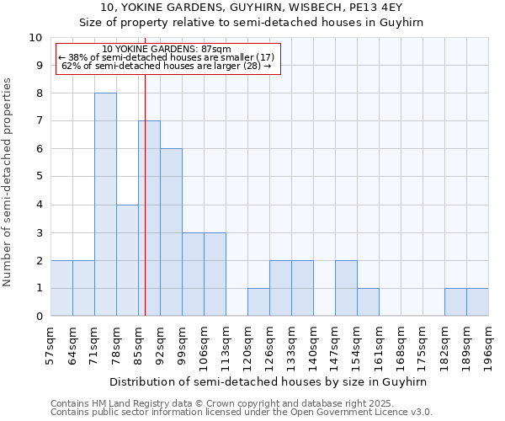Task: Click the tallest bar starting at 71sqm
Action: pos(105,205)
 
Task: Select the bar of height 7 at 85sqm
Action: pos(150,218)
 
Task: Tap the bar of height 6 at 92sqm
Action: pos(171,232)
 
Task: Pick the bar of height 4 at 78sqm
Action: pos(127,260)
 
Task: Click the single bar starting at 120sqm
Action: pos(258,302)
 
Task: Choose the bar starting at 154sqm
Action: pos(368,302)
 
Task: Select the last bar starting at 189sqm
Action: pos(477,302)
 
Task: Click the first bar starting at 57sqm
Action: pos(61,288)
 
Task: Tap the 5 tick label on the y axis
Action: pos(38,177)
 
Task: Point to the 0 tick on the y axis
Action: pos(38,317)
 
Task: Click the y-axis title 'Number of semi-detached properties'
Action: pos(8,182)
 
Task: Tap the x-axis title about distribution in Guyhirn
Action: pos(269,381)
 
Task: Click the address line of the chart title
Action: pos(252,8)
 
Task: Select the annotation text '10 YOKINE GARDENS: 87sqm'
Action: pos(166,50)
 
